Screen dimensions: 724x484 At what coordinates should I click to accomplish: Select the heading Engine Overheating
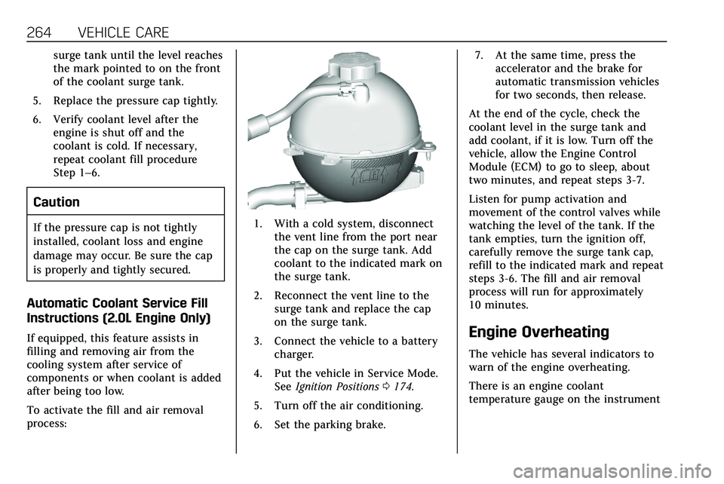pyautogui.click(x=538, y=332)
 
